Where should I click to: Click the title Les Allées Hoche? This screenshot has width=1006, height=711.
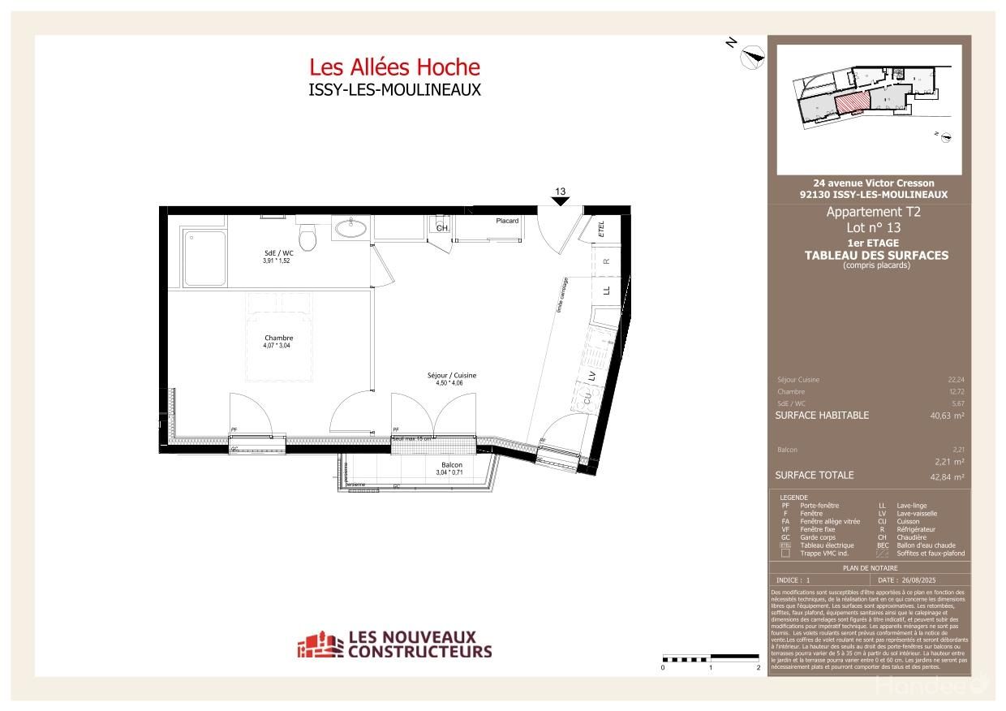click(394, 67)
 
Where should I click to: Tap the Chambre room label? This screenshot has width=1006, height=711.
click(278, 338)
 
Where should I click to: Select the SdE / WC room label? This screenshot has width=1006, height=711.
click(276, 253)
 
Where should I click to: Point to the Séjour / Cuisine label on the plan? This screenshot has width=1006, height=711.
click(452, 376)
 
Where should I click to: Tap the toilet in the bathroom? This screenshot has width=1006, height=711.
click(307, 237)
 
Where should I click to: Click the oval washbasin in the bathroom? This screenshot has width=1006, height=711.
click(350, 230)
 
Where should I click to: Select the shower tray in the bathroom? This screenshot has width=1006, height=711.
click(204, 258)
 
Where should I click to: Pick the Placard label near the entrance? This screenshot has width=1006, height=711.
click(507, 221)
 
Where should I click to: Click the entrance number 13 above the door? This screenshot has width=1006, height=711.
click(560, 192)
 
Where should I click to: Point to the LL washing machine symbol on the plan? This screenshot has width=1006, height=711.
click(606, 289)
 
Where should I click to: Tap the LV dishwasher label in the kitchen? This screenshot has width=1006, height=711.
click(592, 375)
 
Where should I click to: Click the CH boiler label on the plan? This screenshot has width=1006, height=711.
click(441, 229)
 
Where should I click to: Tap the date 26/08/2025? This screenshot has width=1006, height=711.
click(918, 580)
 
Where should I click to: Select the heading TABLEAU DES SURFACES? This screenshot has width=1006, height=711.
click(876, 255)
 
